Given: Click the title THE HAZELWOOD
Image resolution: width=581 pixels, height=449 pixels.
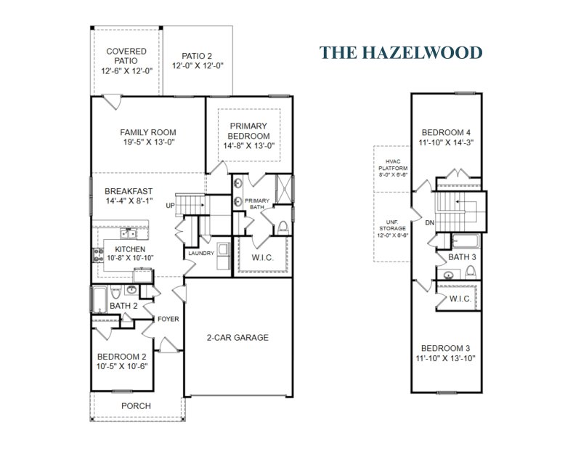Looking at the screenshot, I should pos(401,52).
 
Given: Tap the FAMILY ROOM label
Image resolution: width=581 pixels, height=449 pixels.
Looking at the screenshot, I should pos(148,132).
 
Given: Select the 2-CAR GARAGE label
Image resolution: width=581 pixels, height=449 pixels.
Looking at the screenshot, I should pos(237,337).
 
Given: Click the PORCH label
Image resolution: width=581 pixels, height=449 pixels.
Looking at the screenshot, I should pos(137,405).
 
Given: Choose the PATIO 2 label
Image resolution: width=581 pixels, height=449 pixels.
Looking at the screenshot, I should pos(198,56).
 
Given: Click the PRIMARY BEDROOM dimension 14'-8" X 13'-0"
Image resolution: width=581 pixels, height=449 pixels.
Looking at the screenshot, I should pos(248,145).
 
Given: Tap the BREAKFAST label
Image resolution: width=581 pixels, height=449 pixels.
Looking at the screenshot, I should pos(128,191).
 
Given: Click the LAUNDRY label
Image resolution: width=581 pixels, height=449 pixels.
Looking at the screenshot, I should pos(200,253).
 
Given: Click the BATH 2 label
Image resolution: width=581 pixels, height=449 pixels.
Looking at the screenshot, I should pos(124,306).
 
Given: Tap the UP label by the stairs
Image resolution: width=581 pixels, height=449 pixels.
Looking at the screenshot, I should pos(171,206).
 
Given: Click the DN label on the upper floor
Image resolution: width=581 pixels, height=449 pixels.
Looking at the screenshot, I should pos(429,223).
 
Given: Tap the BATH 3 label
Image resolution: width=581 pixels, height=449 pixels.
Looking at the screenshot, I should pos(462,256).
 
